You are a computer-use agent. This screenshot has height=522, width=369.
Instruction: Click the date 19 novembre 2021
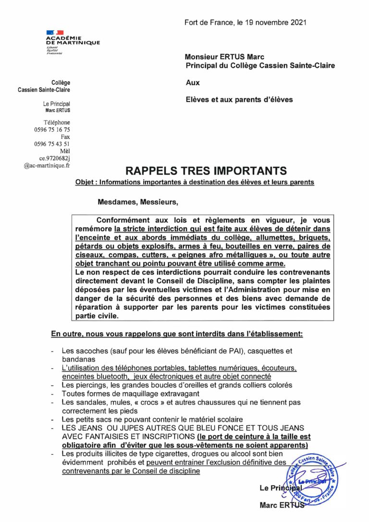275,23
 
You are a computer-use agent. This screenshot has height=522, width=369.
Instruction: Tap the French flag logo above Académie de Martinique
55,32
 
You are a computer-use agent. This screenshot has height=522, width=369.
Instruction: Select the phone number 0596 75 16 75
52,130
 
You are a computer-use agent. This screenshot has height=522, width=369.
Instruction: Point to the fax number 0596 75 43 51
52,144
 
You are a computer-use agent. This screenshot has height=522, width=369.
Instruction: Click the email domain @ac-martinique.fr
47,165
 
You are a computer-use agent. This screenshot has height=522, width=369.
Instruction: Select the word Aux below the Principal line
193,83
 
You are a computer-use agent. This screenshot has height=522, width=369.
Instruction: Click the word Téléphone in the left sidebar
57,123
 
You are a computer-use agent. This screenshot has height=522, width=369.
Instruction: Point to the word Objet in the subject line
85,183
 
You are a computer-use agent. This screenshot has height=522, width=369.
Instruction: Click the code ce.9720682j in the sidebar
54,158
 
